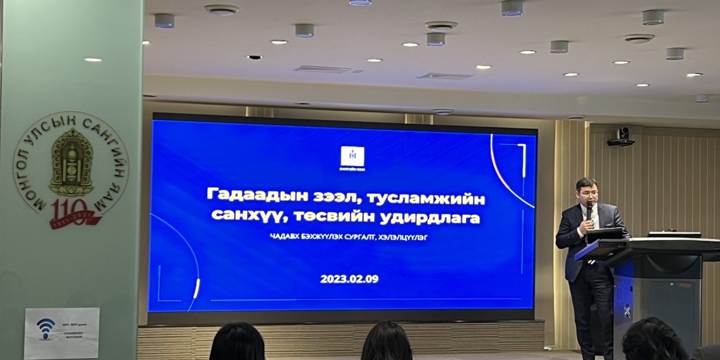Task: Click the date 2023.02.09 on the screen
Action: coord(349,279)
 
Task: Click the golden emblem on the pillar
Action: coord(71,163)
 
